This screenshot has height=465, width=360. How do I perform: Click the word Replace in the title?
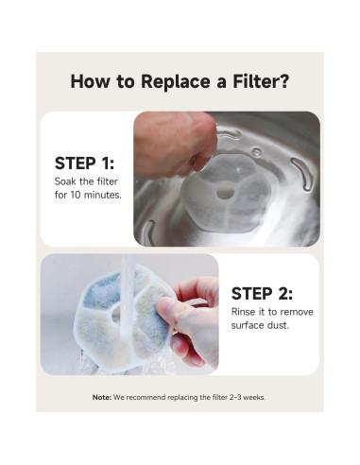(x=176, y=82)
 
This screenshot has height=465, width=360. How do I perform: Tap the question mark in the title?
(x=283, y=81)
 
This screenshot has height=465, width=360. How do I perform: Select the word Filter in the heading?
(x=255, y=81)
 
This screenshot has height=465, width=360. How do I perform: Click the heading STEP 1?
(x=84, y=164)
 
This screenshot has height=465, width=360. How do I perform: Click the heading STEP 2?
(x=262, y=294)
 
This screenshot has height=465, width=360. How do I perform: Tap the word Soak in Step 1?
(x=65, y=181)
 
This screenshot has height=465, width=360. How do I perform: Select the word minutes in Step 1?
(x=103, y=195)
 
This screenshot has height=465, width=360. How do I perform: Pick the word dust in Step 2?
(x=278, y=325)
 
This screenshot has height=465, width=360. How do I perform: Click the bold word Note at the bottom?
(x=102, y=397)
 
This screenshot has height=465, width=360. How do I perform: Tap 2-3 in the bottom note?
(x=235, y=397)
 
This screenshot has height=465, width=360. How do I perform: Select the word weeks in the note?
(x=254, y=397)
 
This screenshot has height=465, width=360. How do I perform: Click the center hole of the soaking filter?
(x=226, y=192)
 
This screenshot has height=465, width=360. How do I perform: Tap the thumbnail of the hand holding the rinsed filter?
(x=129, y=315)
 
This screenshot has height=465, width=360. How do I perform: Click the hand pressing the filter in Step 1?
(x=175, y=144)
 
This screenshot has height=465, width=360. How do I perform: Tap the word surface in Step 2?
(x=248, y=325)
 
